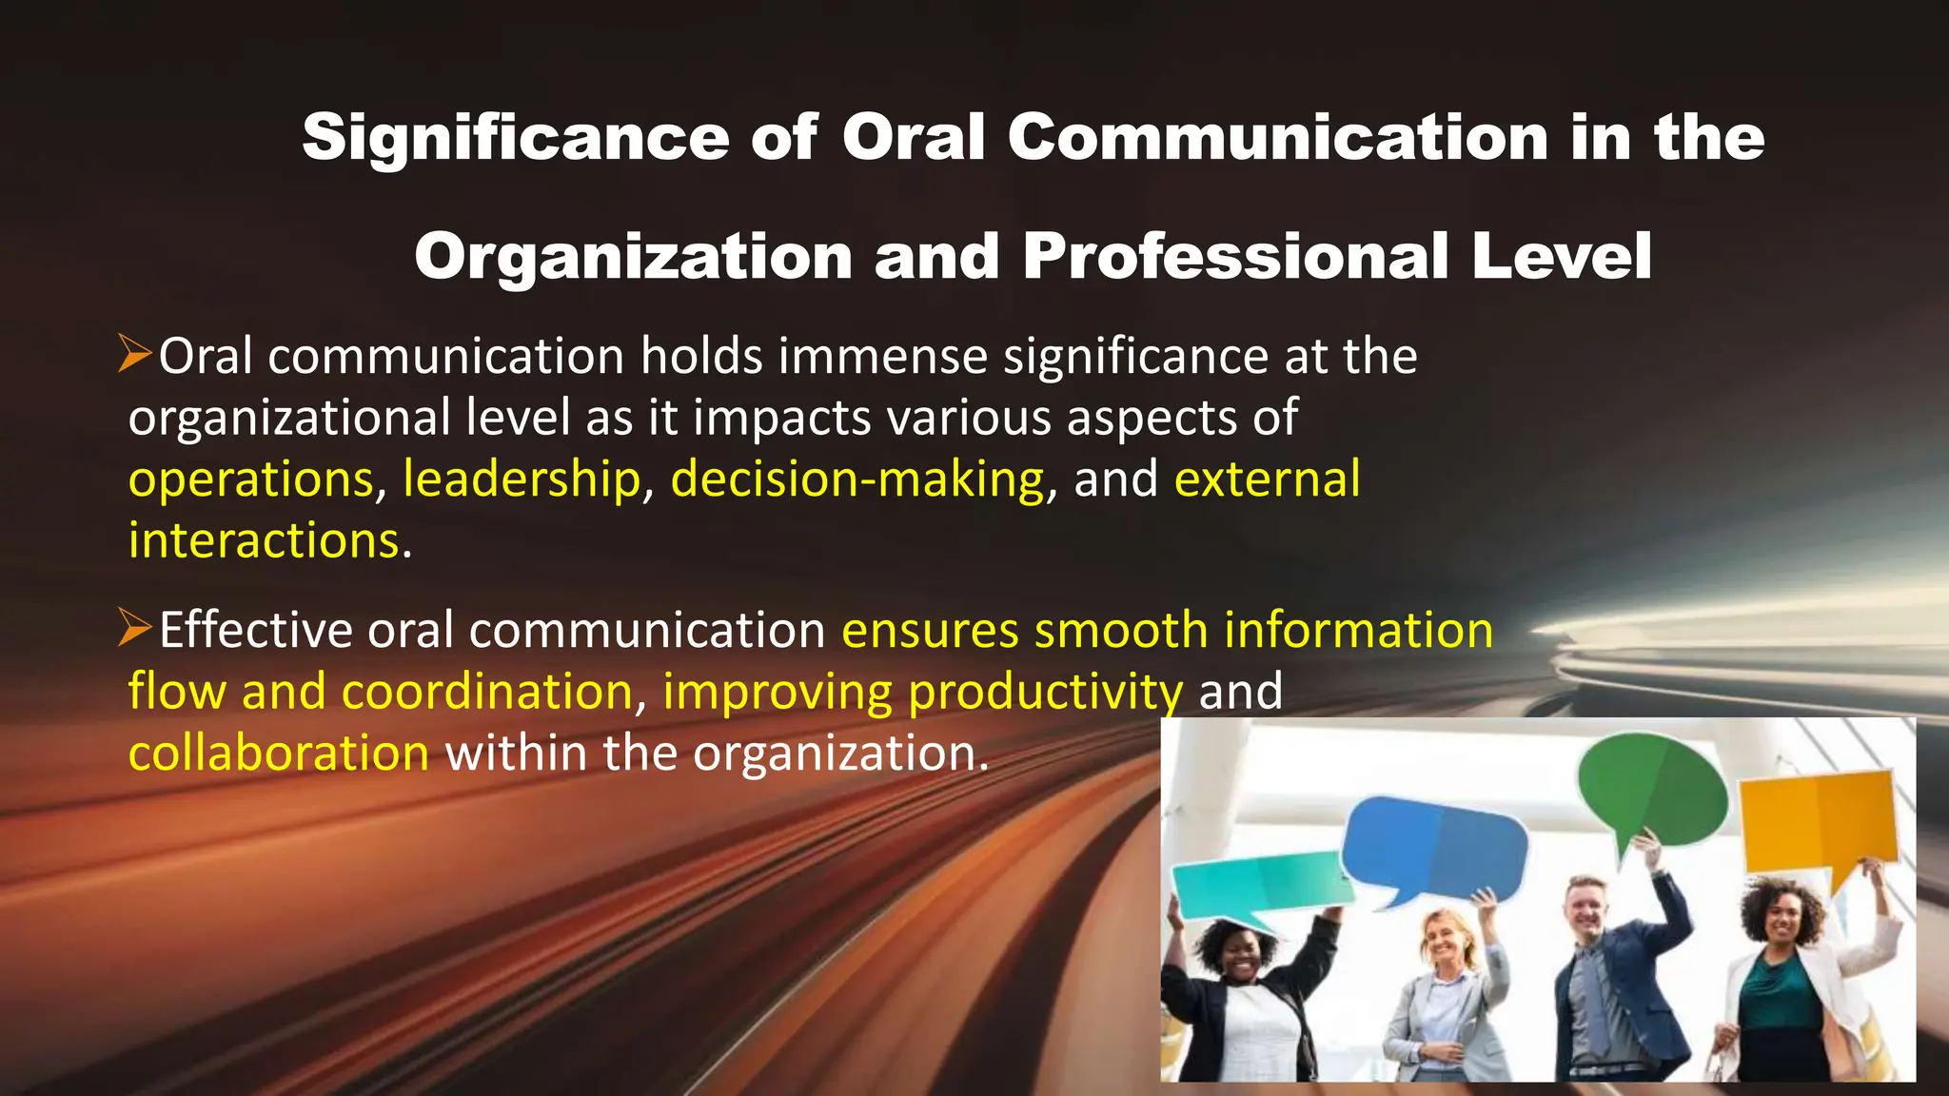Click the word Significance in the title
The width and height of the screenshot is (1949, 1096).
click(x=515, y=139)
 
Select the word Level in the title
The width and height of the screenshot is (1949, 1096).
click(x=1561, y=257)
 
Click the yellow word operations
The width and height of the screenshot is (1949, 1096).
click(x=251, y=479)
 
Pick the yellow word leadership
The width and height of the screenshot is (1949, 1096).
click(x=522, y=479)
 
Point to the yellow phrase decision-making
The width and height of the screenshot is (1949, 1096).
click(x=857, y=479)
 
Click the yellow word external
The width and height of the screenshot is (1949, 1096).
click(x=1267, y=479)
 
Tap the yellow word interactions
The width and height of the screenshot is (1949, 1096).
click(x=264, y=541)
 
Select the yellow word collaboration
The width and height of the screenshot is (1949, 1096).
click(x=279, y=753)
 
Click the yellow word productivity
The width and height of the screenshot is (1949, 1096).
click(x=1045, y=693)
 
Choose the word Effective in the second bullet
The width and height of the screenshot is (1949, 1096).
click(x=255, y=631)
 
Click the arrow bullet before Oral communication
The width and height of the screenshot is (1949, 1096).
click(x=135, y=354)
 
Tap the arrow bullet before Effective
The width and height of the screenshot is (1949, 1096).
click(x=135, y=629)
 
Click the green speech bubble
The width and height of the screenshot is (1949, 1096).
click(x=1650, y=786)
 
